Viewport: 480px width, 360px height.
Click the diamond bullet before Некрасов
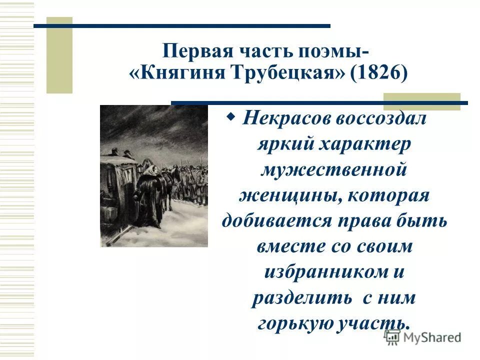(x=231, y=117)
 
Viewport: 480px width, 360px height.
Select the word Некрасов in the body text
(x=282, y=119)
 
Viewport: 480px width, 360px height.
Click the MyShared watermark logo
(x=422, y=337)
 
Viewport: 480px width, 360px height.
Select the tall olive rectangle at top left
(x=59, y=55)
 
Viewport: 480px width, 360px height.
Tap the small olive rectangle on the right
(x=421, y=101)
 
